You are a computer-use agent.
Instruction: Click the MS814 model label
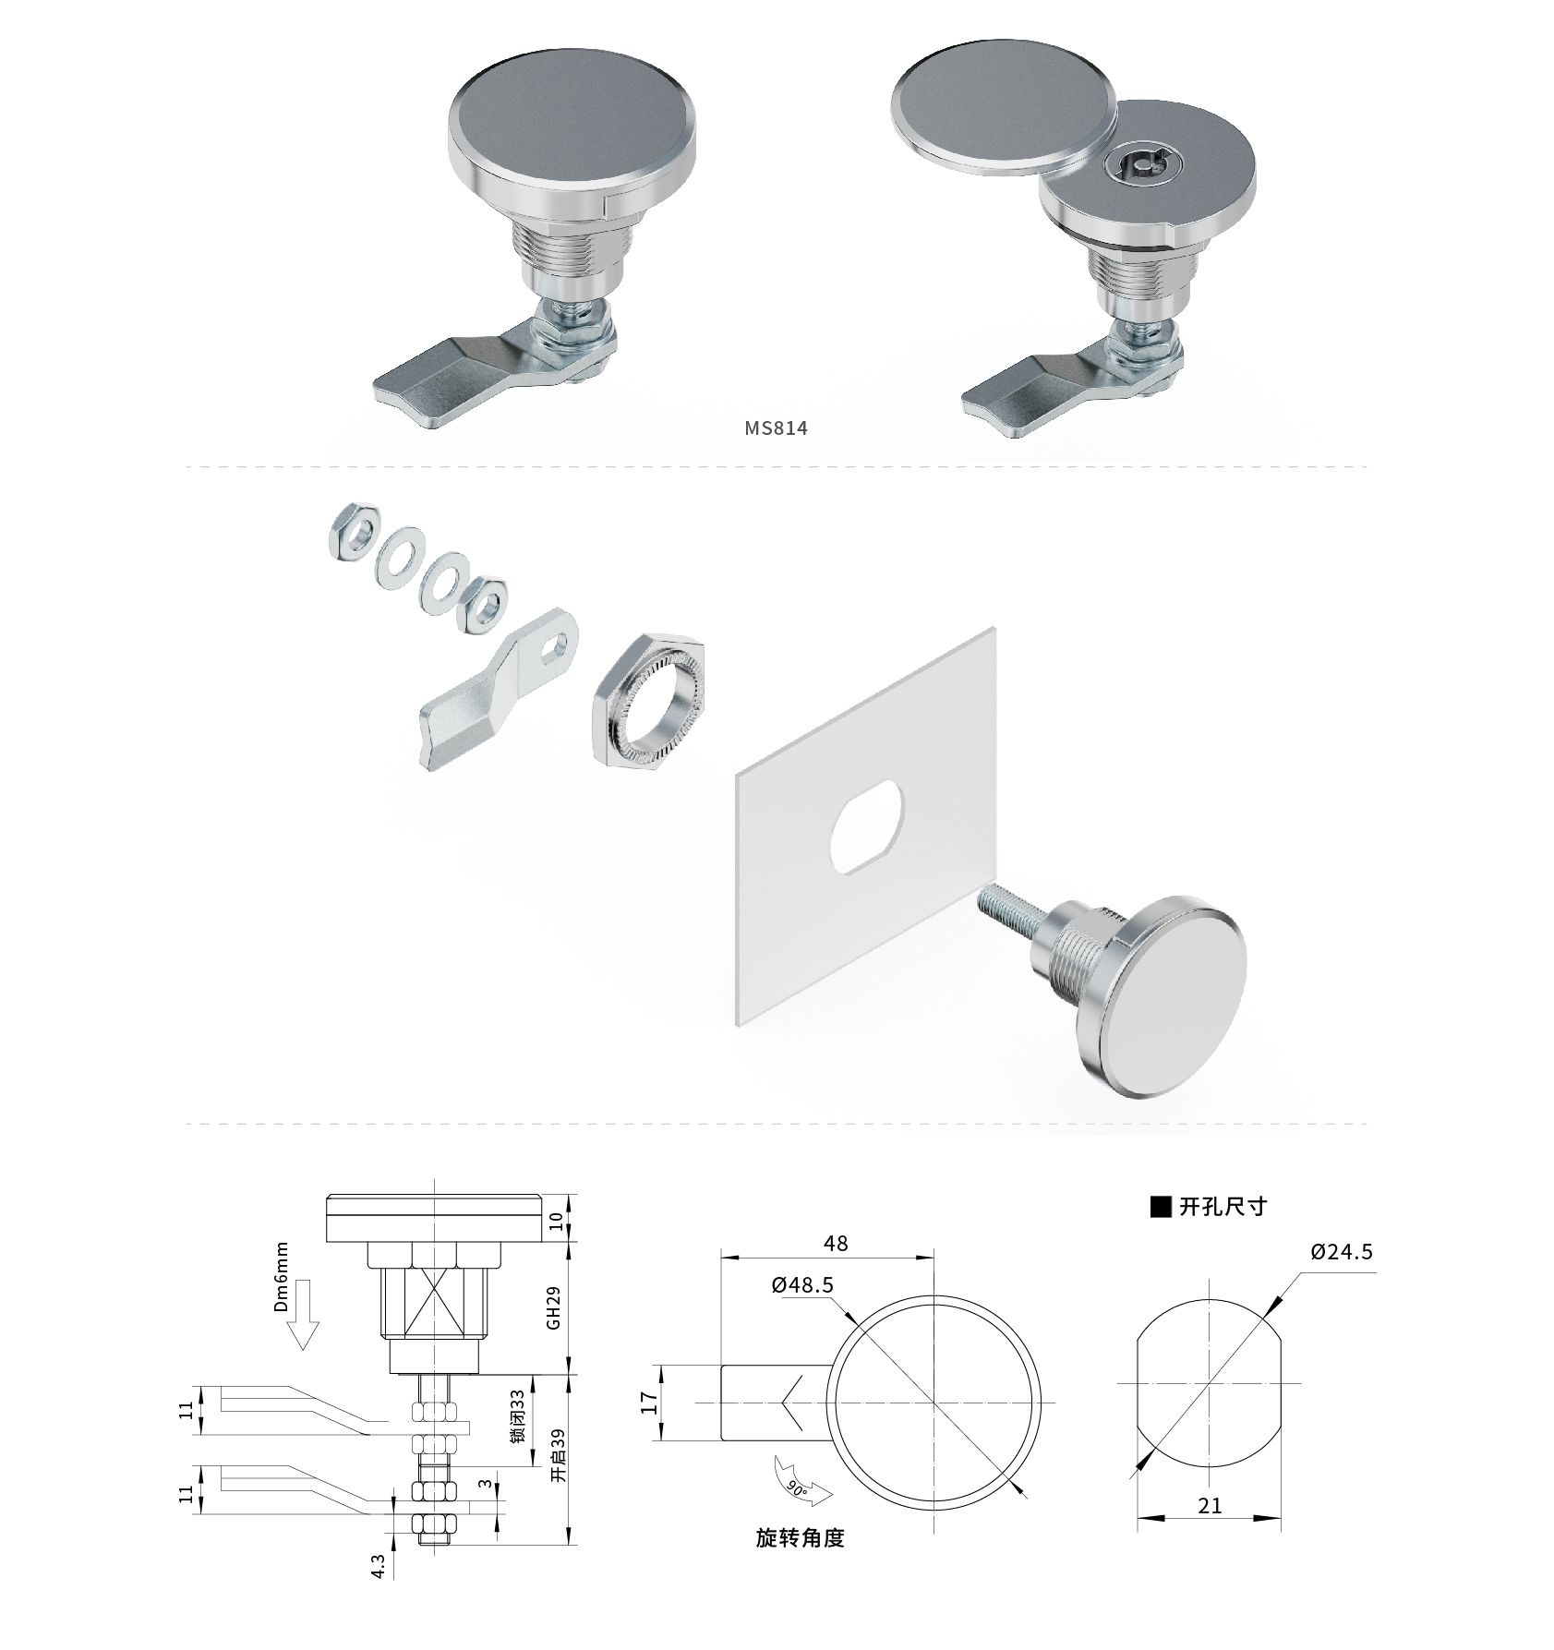tap(776, 428)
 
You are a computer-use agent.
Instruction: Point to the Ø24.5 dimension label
tap(1342, 1252)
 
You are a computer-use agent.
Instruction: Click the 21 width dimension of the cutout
tap(1209, 1506)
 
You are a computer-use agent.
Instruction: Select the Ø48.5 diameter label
tap(802, 1285)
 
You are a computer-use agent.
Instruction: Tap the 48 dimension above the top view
tap(836, 1244)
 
